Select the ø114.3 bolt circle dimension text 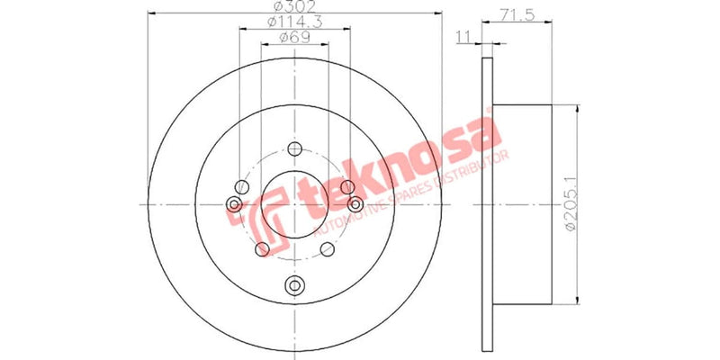294,22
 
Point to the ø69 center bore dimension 294,37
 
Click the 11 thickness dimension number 464,37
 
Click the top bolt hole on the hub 294,149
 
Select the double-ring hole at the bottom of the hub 294,286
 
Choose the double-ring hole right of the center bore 353,204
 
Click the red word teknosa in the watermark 396,171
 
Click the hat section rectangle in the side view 522,204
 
